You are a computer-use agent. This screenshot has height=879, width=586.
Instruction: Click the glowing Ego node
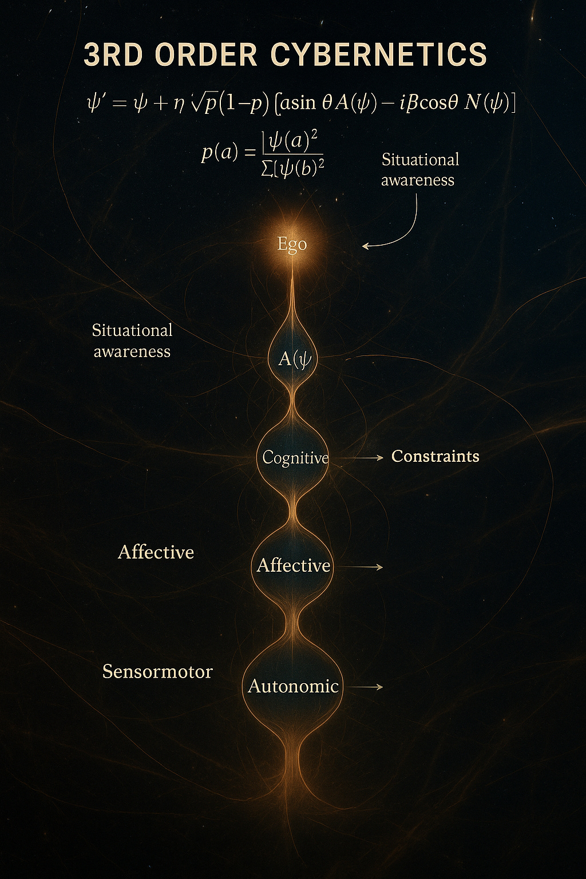(x=292, y=244)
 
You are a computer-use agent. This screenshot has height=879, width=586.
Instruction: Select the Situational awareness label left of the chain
(x=132, y=340)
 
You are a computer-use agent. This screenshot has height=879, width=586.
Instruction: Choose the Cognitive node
(x=295, y=457)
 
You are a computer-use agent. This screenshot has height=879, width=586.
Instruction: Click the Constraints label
(x=435, y=456)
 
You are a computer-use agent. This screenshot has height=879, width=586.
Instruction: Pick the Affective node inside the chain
(x=293, y=565)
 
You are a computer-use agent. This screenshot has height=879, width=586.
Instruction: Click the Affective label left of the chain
(x=156, y=552)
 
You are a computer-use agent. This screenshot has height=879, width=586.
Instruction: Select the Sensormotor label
(x=157, y=671)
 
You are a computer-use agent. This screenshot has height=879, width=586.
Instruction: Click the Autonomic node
(x=293, y=686)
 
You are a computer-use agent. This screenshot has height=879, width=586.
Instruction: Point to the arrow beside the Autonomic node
(x=366, y=686)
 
